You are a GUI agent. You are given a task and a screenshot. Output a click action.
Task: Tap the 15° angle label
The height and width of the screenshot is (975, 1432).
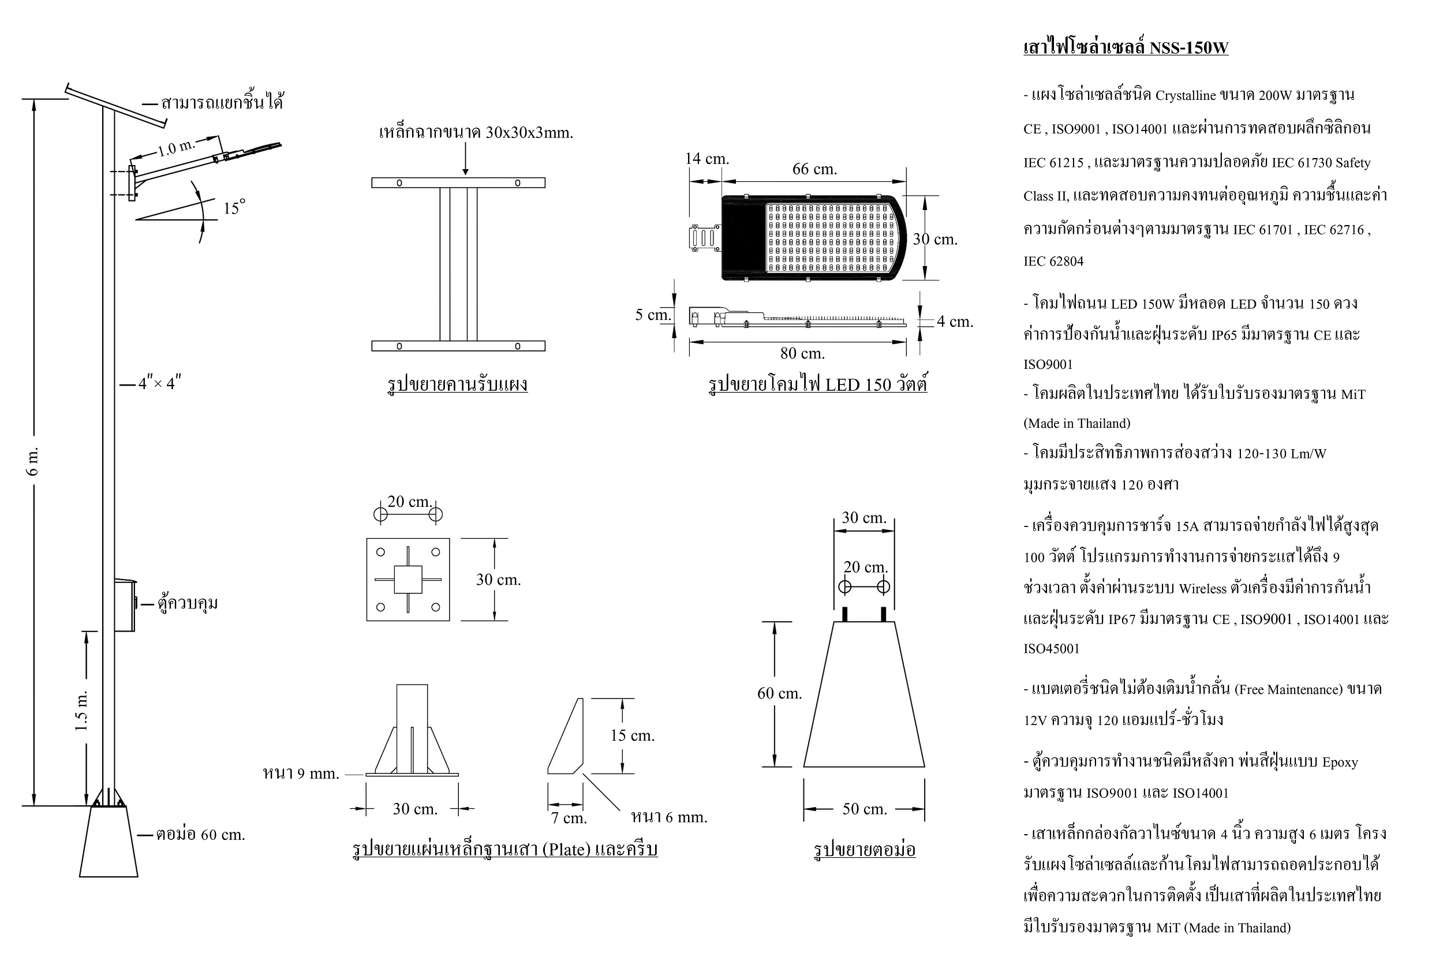point(234,207)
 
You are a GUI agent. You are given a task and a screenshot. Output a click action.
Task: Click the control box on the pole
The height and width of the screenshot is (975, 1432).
point(125,604)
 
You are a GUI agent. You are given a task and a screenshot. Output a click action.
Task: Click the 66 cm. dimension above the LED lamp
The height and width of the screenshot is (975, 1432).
point(814,169)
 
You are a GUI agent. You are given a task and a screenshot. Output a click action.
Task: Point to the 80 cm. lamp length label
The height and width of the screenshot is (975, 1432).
point(802,353)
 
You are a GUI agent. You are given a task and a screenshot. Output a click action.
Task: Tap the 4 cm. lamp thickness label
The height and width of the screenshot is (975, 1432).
point(955,321)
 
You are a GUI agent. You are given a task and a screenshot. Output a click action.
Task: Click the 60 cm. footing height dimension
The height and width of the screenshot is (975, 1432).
point(779,693)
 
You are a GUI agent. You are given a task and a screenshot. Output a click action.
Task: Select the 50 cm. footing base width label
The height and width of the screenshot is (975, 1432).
point(865,809)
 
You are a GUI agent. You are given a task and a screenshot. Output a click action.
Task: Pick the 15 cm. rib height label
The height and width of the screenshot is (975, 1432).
point(632,735)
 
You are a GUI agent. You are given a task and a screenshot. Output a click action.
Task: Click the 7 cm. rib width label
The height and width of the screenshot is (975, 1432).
point(569,818)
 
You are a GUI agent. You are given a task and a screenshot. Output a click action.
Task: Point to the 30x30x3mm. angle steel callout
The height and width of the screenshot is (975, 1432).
point(529,133)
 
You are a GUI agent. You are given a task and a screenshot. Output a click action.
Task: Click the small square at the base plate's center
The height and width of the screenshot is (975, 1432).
point(408,580)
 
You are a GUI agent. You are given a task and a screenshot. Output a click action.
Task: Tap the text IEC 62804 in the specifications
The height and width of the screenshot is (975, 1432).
point(1054,262)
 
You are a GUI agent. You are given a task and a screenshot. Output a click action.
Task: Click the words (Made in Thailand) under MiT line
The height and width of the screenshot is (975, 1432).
point(1077,423)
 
